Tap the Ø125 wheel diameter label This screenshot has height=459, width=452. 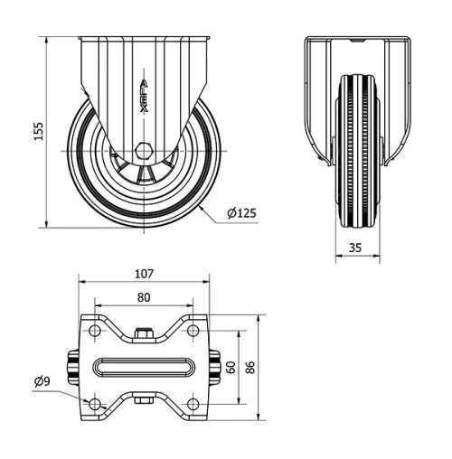coord(241,213)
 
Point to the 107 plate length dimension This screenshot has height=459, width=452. coord(145,273)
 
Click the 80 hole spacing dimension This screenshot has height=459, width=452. coord(145,295)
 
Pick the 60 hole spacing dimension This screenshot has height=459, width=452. coord(231,367)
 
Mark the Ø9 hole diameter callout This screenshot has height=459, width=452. coord(41,381)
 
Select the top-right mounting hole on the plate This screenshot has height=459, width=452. coord(193,332)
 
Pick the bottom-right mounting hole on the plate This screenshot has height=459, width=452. coord(193,401)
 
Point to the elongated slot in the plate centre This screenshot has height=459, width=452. coord(145,367)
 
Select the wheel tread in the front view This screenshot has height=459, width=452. coord(358,149)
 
